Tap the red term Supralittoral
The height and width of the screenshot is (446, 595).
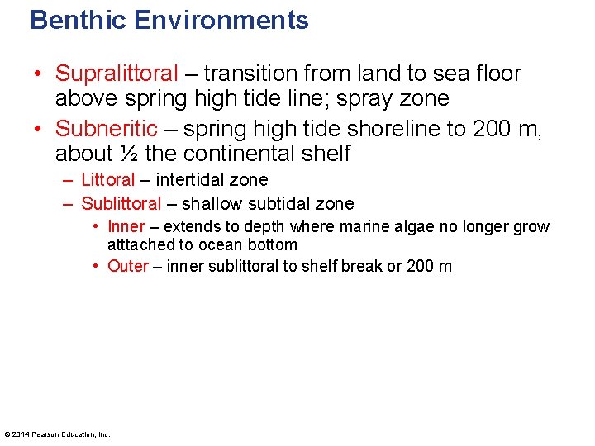click(x=117, y=74)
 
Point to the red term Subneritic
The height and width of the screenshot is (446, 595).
click(x=106, y=128)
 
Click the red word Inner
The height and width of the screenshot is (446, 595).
click(x=126, y=227)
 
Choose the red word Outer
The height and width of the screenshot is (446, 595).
click(x=128, y=266)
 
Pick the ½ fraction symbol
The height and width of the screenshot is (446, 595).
click(x=129, y=154)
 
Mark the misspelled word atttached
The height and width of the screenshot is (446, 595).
click(x=140, y=244)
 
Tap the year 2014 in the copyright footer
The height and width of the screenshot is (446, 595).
click(x=21, y=434)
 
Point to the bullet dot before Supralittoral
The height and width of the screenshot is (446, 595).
click(x=39, y=74)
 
